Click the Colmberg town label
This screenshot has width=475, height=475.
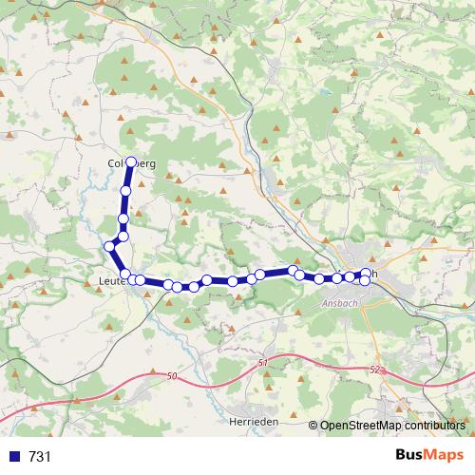[131, 163]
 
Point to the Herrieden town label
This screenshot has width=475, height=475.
[253, 420]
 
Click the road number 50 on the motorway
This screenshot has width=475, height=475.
[171, 377]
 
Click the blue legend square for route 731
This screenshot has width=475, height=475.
[14, 456]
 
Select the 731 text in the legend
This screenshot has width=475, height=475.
[40, 457]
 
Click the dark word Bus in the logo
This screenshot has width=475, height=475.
[410, 455]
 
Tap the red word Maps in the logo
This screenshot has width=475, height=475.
[444, 455]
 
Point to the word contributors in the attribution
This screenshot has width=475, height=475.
[435, 426]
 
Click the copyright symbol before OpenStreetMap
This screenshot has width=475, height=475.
[313, 426]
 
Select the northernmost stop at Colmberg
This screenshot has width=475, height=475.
[131, 162]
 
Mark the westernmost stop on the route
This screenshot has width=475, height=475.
[109, 246]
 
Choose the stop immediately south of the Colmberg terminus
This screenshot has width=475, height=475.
[125, 192]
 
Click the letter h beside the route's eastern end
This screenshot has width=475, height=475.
[375, 274]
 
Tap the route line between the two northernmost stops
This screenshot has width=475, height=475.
[128, 178]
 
